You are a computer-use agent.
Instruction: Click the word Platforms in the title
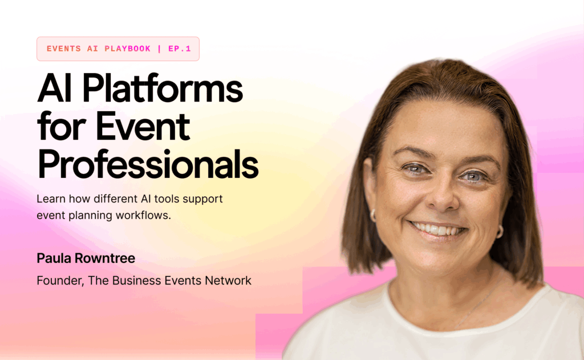click(x=163, y=88)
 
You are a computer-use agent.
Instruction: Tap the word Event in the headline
click(x=143, y=126)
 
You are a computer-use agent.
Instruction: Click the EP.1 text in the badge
click(x=180, y=49)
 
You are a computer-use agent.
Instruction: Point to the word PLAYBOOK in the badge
click(x=127, y=49)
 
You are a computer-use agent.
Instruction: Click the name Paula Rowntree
click(x=86, y=258)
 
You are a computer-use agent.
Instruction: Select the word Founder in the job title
click(x=59, y=281)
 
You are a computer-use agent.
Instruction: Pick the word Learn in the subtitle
click(x=51, y=199)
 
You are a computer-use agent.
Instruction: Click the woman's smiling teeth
click(x=437, y=229)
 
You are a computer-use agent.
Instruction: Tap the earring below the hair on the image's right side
click(x=500, y=232)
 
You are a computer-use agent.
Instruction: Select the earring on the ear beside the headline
click(x=373, y=216)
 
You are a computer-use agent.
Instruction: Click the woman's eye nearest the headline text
click(x=416, y=169)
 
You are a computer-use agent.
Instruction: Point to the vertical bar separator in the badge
click(x=160, y=49)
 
